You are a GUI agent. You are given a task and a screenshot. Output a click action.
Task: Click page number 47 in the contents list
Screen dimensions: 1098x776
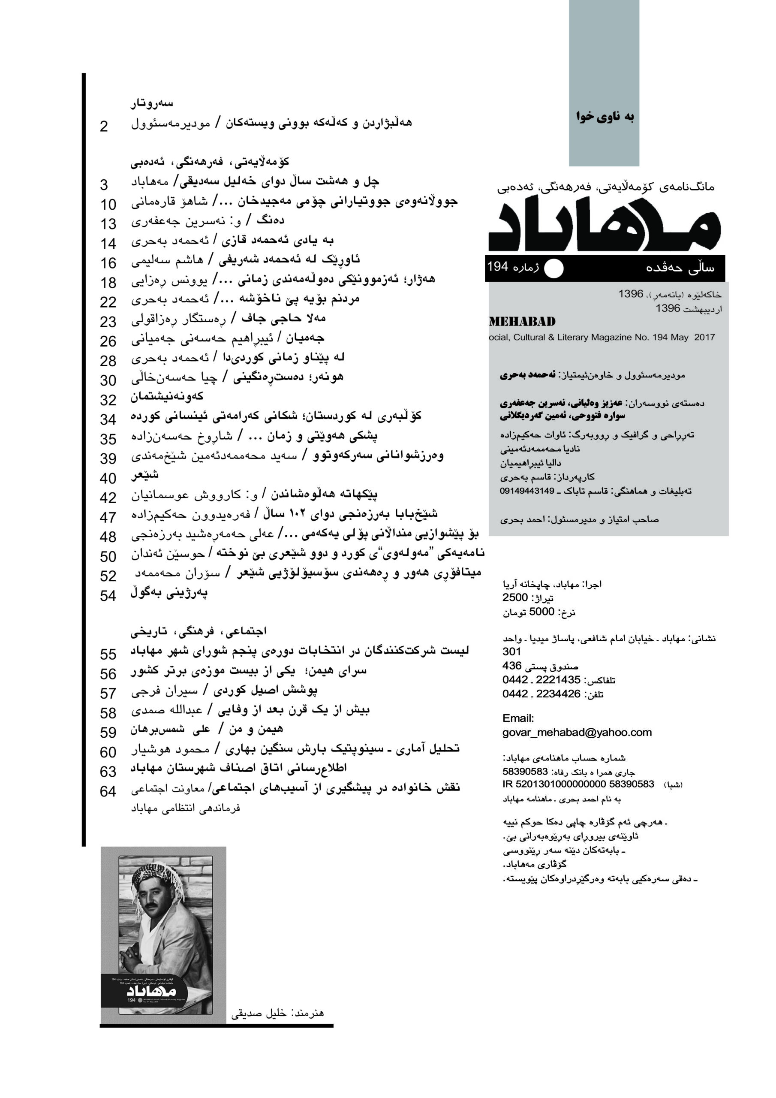(x=108, y=517)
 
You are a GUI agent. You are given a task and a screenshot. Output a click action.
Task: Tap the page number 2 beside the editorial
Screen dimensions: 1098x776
(x=104, y=126)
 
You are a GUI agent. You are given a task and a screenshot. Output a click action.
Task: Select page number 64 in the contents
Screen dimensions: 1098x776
(x=108, y=791)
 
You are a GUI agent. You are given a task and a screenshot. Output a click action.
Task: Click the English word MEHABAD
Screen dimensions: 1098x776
(x=522, y=321)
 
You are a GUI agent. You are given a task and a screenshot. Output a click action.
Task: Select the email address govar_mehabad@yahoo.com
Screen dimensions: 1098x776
(x=577, y=732)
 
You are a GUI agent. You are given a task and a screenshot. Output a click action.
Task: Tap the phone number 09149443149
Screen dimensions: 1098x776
(x=527, y=491)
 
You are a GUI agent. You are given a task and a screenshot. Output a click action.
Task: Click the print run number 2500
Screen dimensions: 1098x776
(x=515, y=598)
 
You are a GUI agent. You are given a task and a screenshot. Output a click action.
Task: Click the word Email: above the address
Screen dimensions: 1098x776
(x=518, y=718)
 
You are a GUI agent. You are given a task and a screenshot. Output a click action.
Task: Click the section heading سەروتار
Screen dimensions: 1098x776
(x=152, y=103)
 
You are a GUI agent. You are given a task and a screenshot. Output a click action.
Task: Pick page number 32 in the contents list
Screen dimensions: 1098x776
(x=108, y=400)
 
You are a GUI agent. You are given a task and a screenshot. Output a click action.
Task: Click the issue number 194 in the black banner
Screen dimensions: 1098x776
(x=497, y=266)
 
